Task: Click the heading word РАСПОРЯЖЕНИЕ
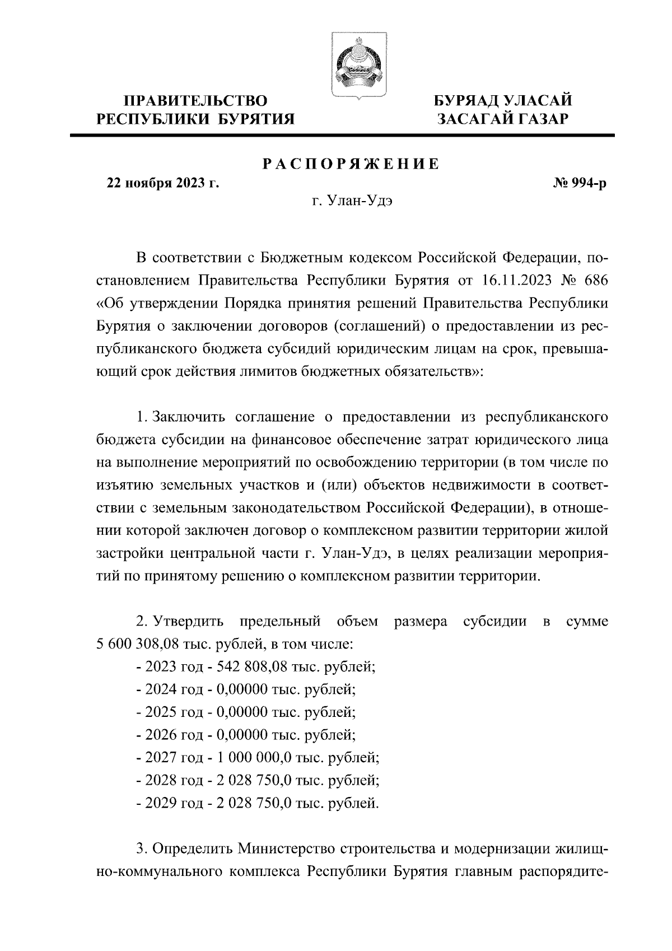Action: pos(351,164)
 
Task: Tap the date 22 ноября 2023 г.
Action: pos(163,183)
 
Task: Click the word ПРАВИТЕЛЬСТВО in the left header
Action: pos(195,101)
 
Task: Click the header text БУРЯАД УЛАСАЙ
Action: pos(503,101)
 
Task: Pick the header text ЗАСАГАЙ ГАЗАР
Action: pos(503,119)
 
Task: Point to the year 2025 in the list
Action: pos(161,712)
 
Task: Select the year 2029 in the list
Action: pos(161,804)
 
